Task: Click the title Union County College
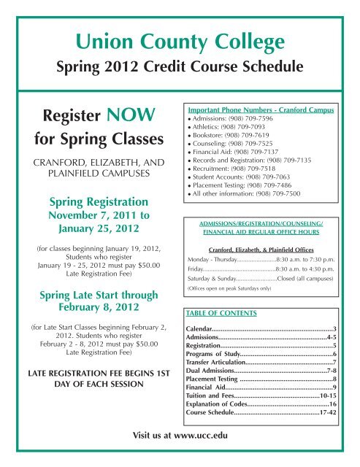(180, 36)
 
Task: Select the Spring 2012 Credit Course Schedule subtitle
(180, 68)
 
